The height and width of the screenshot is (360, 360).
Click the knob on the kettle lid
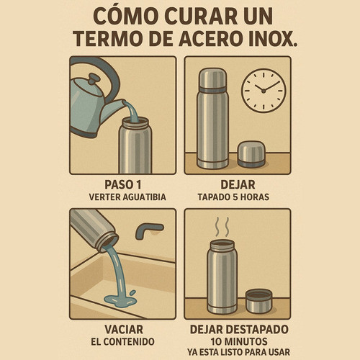click(x=94, y=78)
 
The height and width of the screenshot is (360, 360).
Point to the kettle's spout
click(x=113, y=109)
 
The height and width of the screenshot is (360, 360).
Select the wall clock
click(x=264, y=91)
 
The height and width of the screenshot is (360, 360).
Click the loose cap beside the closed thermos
click(x=251, y=154)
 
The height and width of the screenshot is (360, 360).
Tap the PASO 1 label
click(x=123, y=184)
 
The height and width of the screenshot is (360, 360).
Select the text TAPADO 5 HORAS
click(x=233, y=197)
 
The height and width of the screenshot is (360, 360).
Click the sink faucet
click(x=148, y=230)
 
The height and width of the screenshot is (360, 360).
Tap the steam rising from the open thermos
click(x=222, y=227)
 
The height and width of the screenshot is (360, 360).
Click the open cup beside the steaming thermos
click(x=258, y=301)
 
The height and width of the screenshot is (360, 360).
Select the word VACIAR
click(x=124, y=329)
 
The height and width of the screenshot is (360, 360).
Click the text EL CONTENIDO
click(x=122, y=342)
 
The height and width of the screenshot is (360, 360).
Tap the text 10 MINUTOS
click(x=239, y=341)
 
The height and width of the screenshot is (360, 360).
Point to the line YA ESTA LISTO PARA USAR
click(x=238, y=352)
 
